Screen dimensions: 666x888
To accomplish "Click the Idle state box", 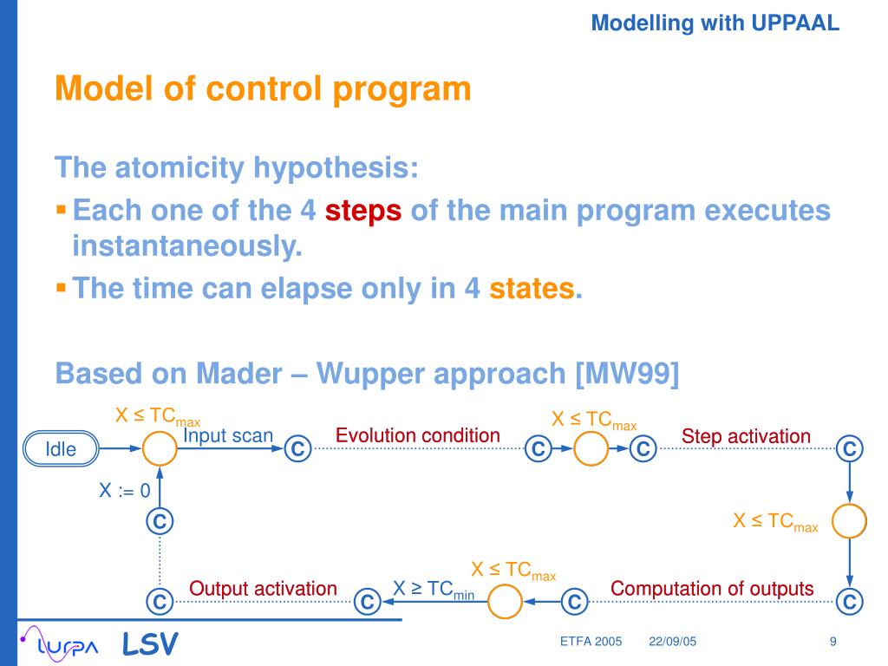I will click(61, 449).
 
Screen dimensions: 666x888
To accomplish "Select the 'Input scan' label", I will click(228, 435).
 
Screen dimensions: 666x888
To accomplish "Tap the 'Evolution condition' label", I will click(418, 435).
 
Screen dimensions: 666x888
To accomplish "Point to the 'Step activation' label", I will click(746, 436).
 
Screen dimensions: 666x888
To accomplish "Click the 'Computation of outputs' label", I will click(712, 589).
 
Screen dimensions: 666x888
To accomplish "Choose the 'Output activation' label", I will click(263, 589).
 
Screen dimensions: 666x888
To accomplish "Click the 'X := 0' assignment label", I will click(124, 491).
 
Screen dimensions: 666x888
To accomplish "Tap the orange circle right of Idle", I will click(159, 449).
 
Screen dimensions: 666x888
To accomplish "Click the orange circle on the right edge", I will click(849, 520).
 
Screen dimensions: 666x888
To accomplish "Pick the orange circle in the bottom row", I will click(505, 601).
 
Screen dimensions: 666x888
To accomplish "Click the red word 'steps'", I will click(363, 211).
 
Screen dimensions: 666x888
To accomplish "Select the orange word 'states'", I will click(532, 287).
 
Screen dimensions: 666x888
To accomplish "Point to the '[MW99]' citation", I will click(627, 374).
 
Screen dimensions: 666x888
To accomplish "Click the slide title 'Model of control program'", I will click(263, 88).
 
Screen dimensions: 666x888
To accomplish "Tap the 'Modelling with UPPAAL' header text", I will click(715, 24).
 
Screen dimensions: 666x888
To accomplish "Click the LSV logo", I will click(150, 643).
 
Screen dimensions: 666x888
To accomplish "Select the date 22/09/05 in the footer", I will click(672, 642).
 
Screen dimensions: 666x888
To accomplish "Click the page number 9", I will click(832, 642).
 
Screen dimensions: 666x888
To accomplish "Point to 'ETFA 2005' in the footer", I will click(591, 642).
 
